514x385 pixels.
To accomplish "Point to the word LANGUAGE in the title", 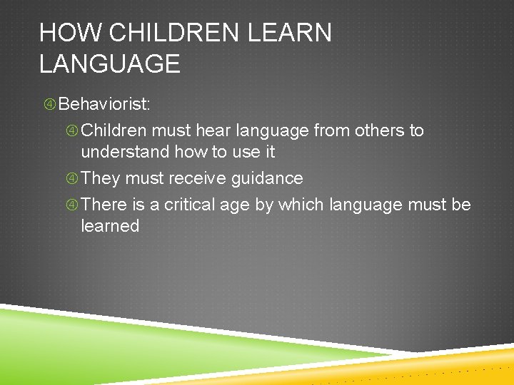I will pyautogui.click(x=109, y=64).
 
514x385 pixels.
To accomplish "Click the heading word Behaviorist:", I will pyautogui.click(x=104, y=104).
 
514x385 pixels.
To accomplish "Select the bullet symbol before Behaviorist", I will pyautogui.click(x=50, y=105).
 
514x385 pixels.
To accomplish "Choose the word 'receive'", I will pyautogui.click(x=195, y=178).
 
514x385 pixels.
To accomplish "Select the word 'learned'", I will pyautogui.click(x=110, y=226).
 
